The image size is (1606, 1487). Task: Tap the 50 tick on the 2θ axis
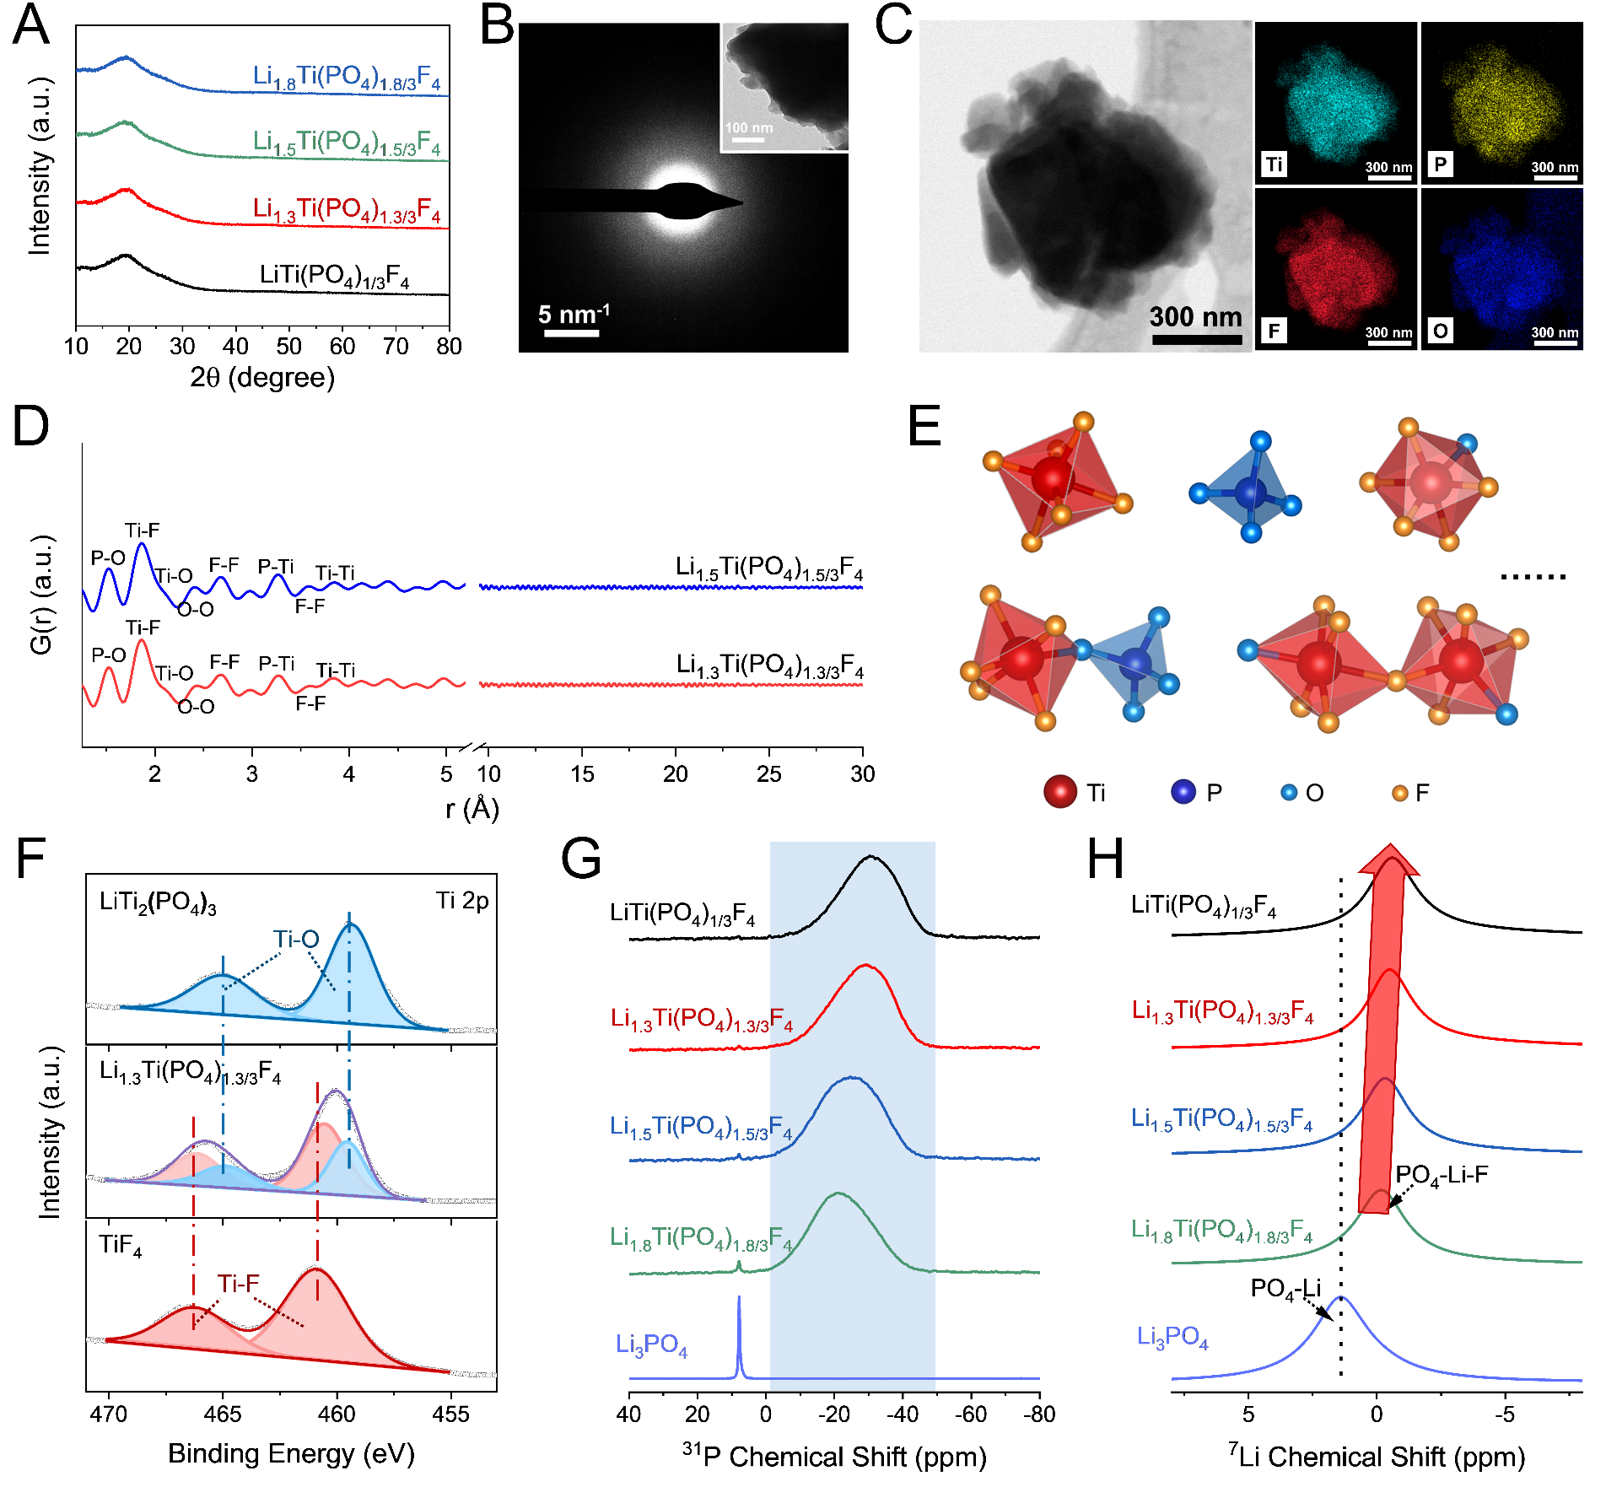pos(289,346)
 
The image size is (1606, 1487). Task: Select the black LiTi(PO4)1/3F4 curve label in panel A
pos(334,276)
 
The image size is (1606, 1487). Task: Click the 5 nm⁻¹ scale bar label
pos(574,315)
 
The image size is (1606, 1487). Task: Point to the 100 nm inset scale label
pos(749,128)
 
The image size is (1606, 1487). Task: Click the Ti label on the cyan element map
pos(1275,164)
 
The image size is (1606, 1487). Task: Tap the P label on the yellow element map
pos(1441,164)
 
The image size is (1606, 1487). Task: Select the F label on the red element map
pos(1274,330)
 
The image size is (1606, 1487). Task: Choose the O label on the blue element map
pos(1441,330)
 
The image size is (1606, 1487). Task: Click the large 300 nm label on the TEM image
pos(1195,317)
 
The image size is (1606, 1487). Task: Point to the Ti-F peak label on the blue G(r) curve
pos(142,531)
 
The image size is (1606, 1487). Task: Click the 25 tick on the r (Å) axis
pos(768,773)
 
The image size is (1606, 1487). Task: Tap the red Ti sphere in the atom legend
pos(1060,791)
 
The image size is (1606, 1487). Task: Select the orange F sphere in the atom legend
pos(1400,793)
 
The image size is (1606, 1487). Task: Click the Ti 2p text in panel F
pos(462,901)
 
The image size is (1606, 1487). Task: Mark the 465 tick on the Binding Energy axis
pos(223,1414)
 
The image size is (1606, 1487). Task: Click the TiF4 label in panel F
pos(121,1246)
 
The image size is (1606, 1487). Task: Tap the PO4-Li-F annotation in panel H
pos(1442,1175)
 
